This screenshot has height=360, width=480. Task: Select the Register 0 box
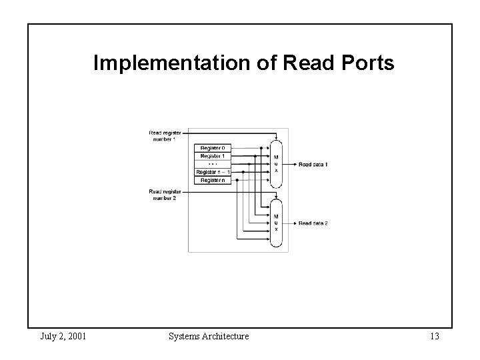tap(213, 147)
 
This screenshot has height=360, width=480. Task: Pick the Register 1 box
tap(213, 155)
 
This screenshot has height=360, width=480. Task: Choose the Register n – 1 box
tap(213, 172)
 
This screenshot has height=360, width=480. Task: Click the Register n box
tap(213, 180)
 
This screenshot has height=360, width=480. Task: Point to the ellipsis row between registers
tap(213, 163)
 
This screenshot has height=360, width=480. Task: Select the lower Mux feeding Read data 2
tap(276, 223)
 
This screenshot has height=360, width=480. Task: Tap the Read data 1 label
tap(313, 164)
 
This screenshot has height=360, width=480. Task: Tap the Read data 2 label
tap(313, 223)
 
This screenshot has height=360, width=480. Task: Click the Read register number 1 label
tap(164, 136)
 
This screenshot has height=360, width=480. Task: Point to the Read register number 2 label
tap(164, 195)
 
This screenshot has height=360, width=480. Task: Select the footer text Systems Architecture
tap(208, 337)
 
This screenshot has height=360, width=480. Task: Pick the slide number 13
tap(434, 337)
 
